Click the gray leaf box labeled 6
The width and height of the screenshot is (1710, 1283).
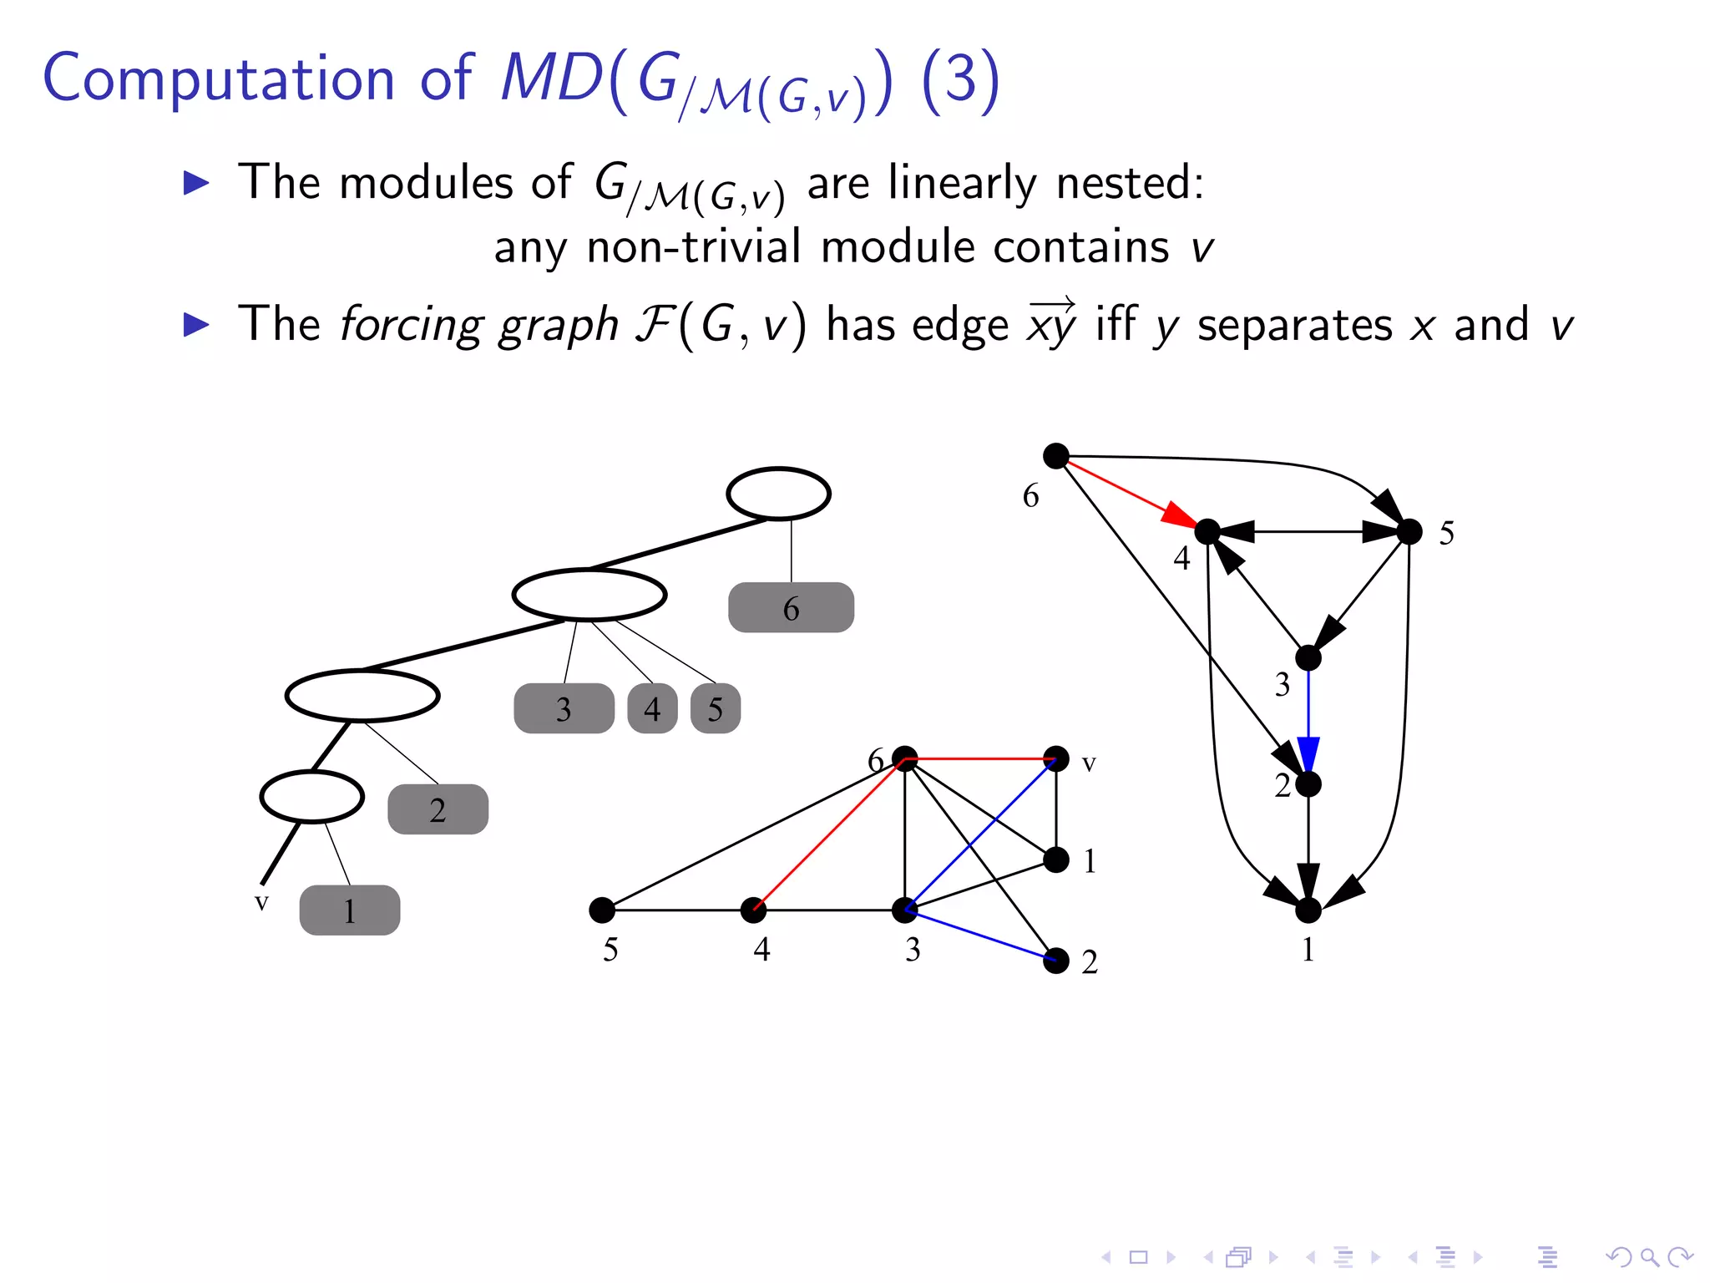[791, 607]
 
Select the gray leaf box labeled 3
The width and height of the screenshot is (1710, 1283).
[564, 708]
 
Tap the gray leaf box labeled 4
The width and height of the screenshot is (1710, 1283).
[652, 708]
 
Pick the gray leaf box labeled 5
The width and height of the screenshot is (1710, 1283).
[716, 708]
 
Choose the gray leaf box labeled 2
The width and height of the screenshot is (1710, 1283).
[438, 809]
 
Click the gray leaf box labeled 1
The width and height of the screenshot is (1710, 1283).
[349, 910]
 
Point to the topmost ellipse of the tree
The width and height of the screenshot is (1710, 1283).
[778, 494]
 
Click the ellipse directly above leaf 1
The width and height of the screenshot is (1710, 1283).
[311, 796]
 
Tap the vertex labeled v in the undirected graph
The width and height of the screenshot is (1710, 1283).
[1056, 758]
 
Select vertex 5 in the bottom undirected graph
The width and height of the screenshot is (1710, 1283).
[601, 910]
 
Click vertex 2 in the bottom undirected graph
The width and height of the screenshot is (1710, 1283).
[1056, 961]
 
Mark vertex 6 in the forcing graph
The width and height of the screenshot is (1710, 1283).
[1056, 456]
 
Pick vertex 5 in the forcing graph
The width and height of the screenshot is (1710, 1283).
[1409, 531]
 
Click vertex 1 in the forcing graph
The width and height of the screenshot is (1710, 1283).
[1308, 910]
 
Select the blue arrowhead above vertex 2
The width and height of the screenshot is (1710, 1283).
[1308, 753]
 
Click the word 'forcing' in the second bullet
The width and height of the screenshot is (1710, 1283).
[409, 324]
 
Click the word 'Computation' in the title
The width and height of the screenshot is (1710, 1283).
[219, 79]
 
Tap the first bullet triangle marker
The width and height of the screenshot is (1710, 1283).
[196, 182]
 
